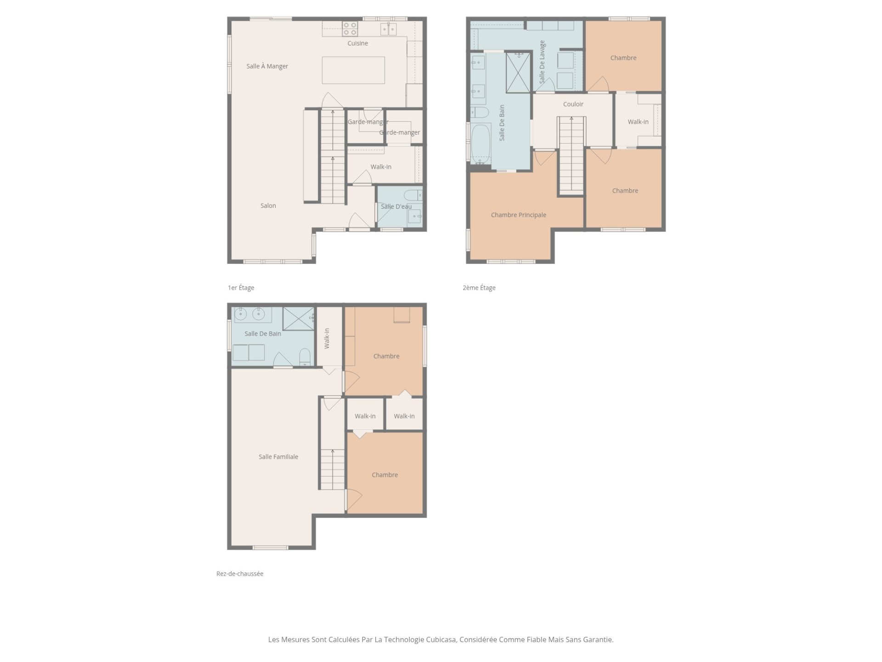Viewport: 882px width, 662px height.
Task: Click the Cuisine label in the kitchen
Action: pos(357,43)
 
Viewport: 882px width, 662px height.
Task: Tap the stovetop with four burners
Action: pos(350,29)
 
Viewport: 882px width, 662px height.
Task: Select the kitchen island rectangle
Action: pos(353,70)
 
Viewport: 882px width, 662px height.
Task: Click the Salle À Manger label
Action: pos(267,66)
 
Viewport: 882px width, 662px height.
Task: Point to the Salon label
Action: pos(268,205)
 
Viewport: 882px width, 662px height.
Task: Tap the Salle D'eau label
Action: pos(396,206)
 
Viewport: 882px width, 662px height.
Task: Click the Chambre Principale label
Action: pos(519,215)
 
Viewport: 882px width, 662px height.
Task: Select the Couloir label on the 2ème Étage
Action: pos(573,104)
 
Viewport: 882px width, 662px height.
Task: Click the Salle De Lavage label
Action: pos(542,62)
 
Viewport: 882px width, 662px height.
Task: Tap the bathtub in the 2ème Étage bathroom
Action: pos(481,144)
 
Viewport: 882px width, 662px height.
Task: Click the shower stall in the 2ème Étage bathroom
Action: pos(518,73)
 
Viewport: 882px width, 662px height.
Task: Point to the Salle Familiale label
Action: pos(278,457)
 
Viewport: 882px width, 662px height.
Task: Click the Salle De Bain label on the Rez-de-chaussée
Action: pos(263,334)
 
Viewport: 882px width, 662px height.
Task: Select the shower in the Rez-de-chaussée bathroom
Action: pos(298,319)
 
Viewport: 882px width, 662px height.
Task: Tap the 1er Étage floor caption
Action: pos(241,288)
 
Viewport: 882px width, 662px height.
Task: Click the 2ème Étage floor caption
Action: pos(479,288)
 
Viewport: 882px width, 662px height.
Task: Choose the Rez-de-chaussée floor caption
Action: pos(240,574)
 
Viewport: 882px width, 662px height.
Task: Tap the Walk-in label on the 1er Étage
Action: pos(381,167)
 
